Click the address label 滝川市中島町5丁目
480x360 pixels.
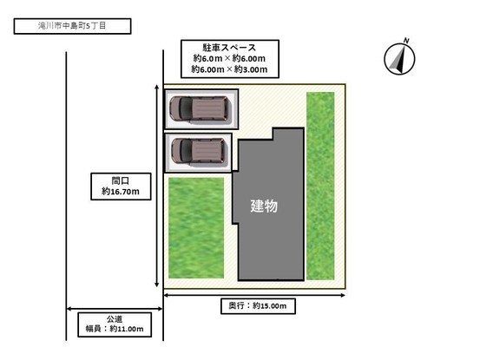point(72,26)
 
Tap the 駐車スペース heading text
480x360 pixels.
point(229,48)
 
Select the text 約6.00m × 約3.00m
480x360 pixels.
point(229,69)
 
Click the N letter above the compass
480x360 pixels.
point(406,41)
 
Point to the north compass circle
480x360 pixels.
point(399,59)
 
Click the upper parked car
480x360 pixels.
point(200,109)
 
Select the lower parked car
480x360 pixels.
point(199,151)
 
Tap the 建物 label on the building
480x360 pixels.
point(264,206)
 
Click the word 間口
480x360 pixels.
point(121,180)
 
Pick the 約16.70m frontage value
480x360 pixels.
point(121,192)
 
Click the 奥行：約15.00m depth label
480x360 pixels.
point(258,305)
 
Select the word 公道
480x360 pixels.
point(115,319)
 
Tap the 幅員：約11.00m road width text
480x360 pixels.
point(115,329)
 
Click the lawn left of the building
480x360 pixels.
point(196,228)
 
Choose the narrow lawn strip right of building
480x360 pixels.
point(320,186)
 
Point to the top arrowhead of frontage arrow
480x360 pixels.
point(157,87)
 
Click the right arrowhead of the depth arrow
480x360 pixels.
point(343,295)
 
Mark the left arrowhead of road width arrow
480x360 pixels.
point(69,309)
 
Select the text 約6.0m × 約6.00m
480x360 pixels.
point(229,58)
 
